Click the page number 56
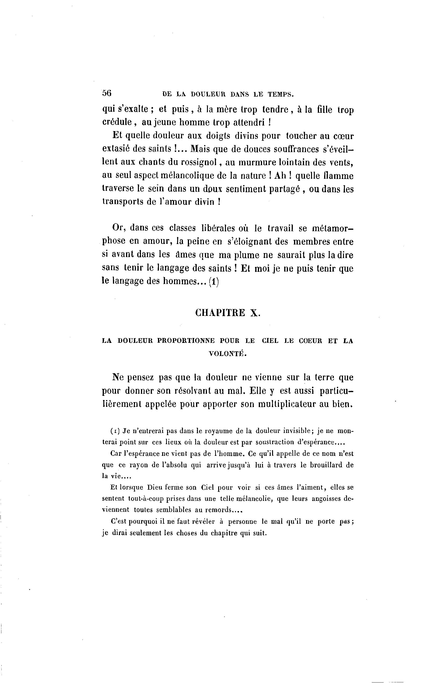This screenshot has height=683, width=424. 107,93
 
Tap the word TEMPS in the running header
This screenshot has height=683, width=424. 280,94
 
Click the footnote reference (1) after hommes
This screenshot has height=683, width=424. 214,281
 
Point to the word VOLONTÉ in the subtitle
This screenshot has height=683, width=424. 227,354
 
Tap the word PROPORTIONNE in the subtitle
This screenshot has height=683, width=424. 186,341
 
